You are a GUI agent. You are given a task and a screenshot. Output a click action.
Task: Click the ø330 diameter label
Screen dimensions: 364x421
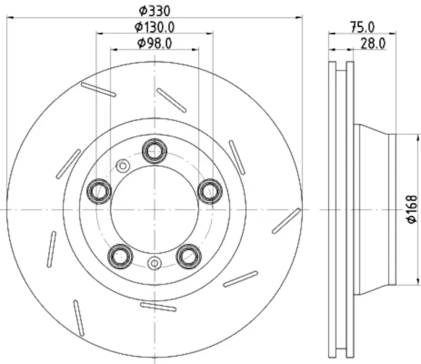pyautogui.click(x=153, y=10)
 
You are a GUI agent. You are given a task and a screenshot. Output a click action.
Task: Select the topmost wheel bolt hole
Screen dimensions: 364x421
pyautogui.click(x=155, y=150)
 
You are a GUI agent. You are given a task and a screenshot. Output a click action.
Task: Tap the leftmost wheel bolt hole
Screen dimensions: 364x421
pyautogui.click(x=99, y=190)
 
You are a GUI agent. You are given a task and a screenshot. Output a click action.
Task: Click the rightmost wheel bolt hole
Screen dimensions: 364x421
pyautogui.click(x=210, y=190)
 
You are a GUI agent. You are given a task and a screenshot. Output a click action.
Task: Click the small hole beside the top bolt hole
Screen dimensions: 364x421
pyautogui.click(x=122, y=166)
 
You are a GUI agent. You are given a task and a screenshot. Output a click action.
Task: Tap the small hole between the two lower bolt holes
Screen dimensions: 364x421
pyautogui.click(x=155, y=263)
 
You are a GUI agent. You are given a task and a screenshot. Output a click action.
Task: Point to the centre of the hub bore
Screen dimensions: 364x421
pyautogui.click(x=155, y=209)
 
